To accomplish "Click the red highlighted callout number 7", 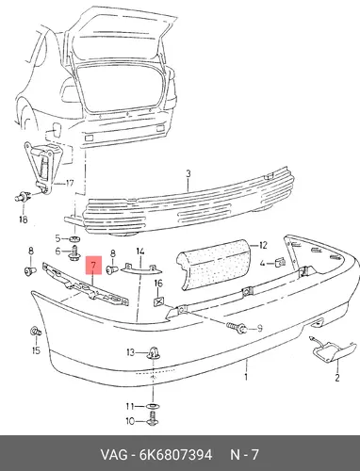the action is tap(94, 266).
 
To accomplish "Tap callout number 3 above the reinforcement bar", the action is tap(188, 173).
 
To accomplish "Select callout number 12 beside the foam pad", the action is tap(262, 245).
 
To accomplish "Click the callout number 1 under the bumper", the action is tap(246, 376).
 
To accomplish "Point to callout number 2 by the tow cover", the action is tap(336, 378).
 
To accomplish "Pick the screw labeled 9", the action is tap(237, 327).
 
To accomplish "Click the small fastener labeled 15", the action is tap(36, 332).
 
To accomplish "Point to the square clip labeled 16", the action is tap(158, 302).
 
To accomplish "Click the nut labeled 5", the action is tap(74, 239).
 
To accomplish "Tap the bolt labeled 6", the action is tap(74, 253).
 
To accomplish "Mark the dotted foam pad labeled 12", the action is tap(213, 263).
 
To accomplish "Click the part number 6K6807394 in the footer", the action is tap(176, 454).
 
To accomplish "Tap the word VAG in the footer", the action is tap(114, 454).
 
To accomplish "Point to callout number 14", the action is tap(140, 252).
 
